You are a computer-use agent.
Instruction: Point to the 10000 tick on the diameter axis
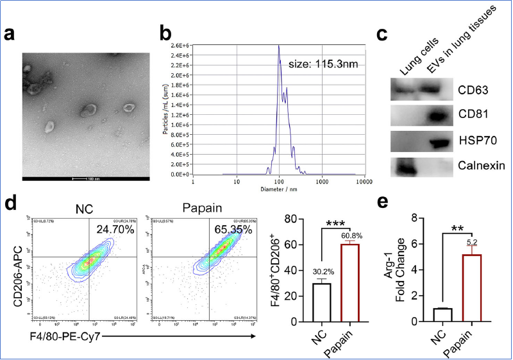point(364,181)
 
